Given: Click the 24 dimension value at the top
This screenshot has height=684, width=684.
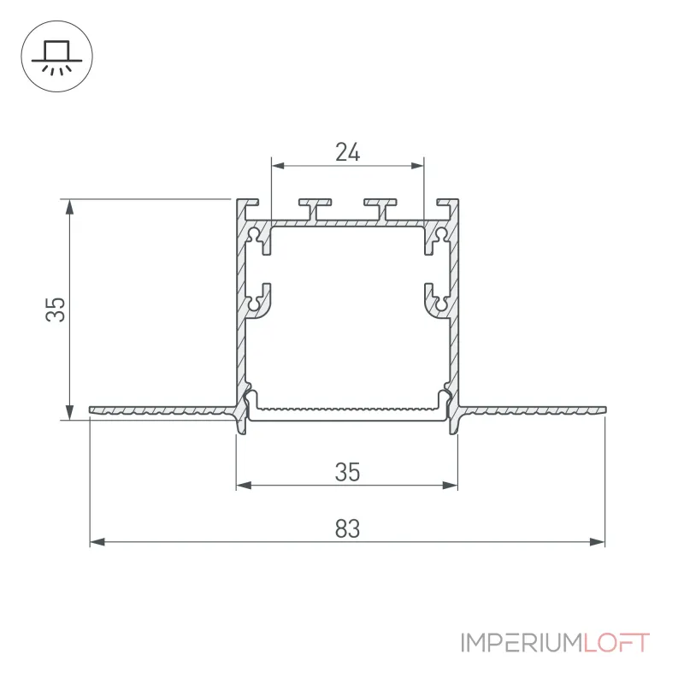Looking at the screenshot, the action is pyautogui.click(x=348, y=152).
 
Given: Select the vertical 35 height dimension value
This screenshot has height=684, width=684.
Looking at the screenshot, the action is pyautogui.click(x=56, y=310).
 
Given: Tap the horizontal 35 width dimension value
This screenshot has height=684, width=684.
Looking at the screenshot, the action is pyautogui.click(x=348, y=472).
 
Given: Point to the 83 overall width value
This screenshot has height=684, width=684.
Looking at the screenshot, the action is pyautogui.click(x=348, y=528).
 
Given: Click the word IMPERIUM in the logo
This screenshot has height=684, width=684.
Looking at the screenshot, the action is pyautogui.click(x=522, y=643).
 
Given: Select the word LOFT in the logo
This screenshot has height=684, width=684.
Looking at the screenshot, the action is pyautogui.click(x=616, y=643).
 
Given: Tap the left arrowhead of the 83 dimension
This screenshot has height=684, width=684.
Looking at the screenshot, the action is pyautogui.click(x=97, y=542).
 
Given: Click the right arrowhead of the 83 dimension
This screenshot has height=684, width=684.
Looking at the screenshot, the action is pyautogui.click(x=597, y=542).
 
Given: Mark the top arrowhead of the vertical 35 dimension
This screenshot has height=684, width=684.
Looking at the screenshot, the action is pyautogui.click(x=69, y=207).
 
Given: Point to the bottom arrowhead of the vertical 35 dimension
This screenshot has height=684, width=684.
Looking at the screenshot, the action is pyautogui.click(x=69, y=412).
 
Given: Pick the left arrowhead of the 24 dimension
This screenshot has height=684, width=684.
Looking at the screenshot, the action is pyautogui.click(x=279, y=166).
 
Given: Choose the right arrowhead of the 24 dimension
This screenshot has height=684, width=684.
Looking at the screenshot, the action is pyautogui.click(x=417, y=166).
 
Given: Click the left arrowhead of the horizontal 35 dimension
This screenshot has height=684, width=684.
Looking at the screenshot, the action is pyautogui.click(x=244, y=485).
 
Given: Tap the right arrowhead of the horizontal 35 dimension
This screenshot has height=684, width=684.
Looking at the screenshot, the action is pyautogui.click(x=451, y=485).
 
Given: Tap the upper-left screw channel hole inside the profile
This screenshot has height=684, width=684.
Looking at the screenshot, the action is pyautogui.click(x=254, y=236).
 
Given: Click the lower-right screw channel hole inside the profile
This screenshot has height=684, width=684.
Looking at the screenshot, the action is pyautogui.click(x=441, y=304).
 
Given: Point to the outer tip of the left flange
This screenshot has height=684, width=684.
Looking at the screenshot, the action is pyautogui.click(x=91, y=410).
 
